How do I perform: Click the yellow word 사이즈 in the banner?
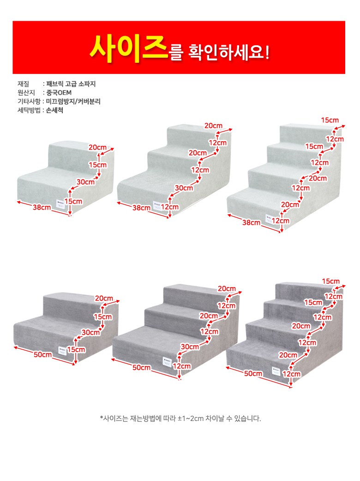tap(129, 49)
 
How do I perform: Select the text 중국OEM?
tap(59, 93)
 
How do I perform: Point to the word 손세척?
tap(54, 110)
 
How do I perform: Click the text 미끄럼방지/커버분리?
tap(73, 102)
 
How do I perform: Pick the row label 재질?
tap(23, 84)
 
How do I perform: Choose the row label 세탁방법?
tap(29, 110)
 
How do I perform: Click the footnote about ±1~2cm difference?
tap(180, 418)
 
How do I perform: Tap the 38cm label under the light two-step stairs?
tap(42, 207)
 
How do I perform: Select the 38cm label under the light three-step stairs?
tap(141, 208)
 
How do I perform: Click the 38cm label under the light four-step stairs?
tap(251, 222)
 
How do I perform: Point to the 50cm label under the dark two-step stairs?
tap(42, 355)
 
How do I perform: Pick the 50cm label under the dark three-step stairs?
tap(141, 367)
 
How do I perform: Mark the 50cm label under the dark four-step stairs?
tap(253, 373)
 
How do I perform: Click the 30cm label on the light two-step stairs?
tap(85, 182)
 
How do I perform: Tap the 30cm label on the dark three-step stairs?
tap(190, 347)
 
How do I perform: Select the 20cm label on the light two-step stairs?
tap(97, 148)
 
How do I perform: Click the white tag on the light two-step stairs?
tap(61, 204)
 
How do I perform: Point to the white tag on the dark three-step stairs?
tap(167, 362)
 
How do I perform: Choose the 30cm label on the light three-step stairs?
tap(184, 188)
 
